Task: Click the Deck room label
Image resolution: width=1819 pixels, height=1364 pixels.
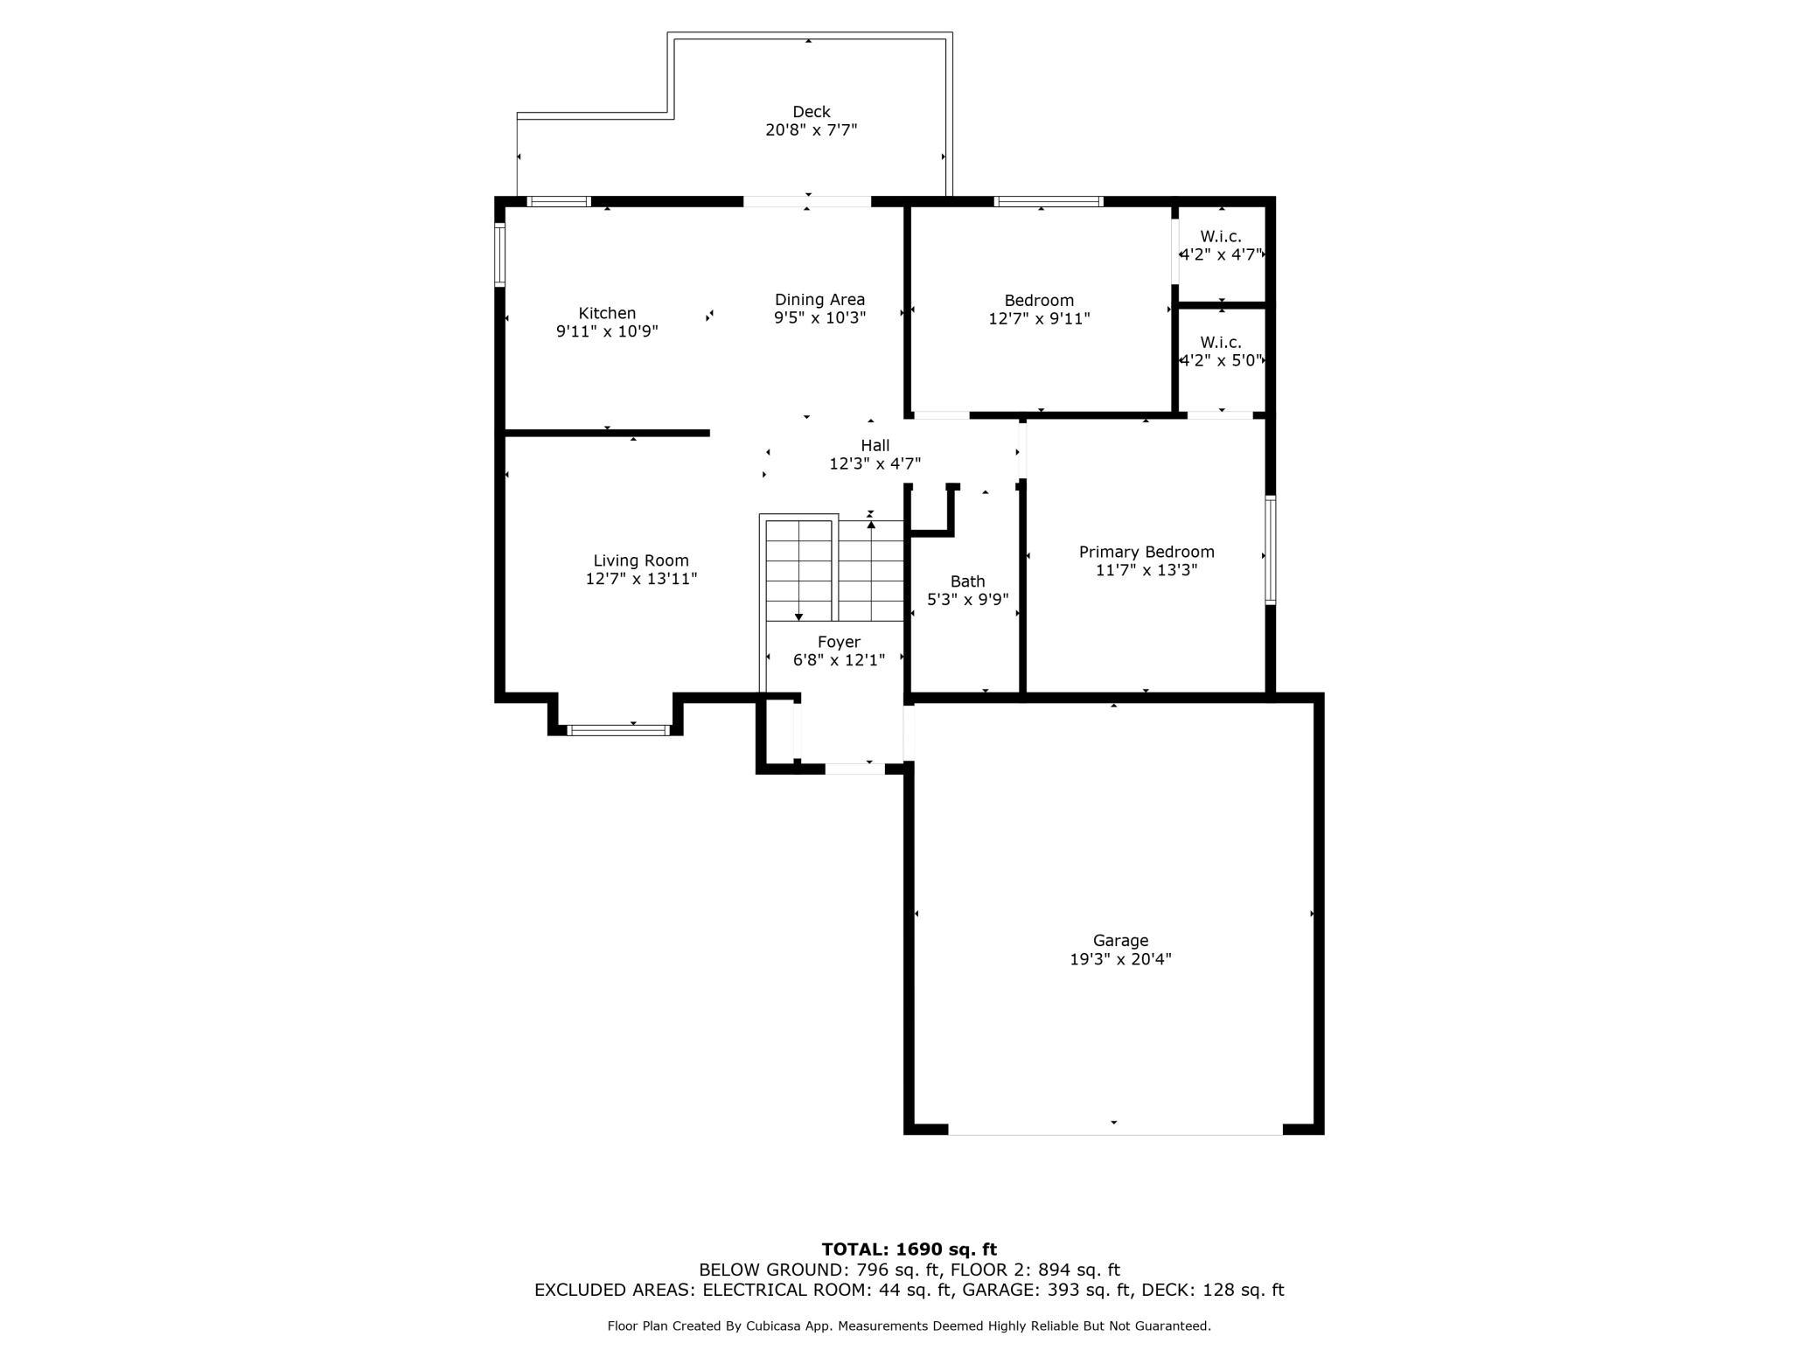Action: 811,112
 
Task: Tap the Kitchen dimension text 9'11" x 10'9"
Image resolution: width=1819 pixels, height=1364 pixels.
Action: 607,332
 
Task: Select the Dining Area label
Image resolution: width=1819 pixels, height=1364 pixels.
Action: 819,300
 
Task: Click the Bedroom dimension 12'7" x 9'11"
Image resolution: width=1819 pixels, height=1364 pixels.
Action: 1039,319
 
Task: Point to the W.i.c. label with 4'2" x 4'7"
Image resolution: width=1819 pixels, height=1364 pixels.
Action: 1221,237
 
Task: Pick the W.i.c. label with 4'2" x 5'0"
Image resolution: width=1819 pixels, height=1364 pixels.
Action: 1221,343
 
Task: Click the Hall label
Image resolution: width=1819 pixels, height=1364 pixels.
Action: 875,446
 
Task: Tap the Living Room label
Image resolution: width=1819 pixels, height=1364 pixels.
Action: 641,561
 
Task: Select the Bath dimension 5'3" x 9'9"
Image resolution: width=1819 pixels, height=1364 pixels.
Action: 967,600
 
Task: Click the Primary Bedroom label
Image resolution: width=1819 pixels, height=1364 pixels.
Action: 1146,553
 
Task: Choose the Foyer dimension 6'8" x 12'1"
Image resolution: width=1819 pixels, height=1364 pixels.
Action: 839,661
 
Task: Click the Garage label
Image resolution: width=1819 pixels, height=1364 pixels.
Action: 1120,941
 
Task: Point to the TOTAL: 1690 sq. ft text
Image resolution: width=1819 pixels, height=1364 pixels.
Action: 909,1249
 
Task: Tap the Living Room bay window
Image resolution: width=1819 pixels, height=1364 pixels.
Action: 617,730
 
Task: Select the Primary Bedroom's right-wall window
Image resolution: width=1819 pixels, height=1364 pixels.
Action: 1270,550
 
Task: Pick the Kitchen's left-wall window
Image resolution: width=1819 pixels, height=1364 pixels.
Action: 500,255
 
